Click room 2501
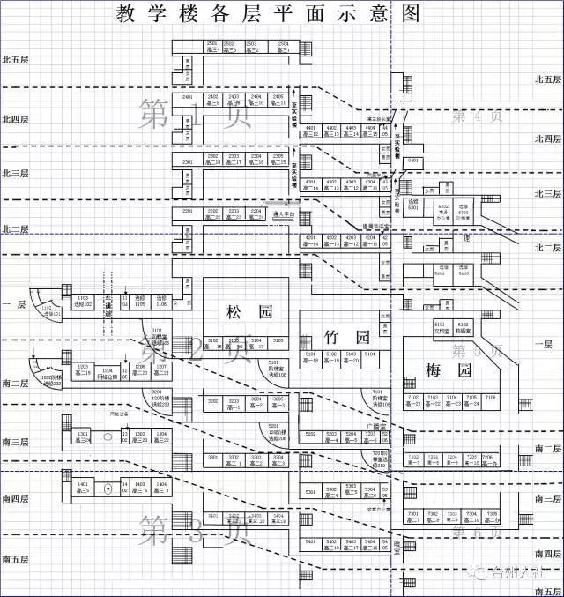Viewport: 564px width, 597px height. coord(212,47)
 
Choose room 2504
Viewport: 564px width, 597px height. coord(283,47)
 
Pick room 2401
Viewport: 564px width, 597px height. coord(188,98)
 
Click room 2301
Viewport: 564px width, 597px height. coord(188,162)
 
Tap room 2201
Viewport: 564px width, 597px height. coord(188,213)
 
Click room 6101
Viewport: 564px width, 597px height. coord(441,327)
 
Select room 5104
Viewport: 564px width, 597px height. coord(370,356)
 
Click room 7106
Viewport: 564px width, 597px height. coord(490,401)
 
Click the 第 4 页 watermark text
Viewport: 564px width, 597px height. coord(477,116)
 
